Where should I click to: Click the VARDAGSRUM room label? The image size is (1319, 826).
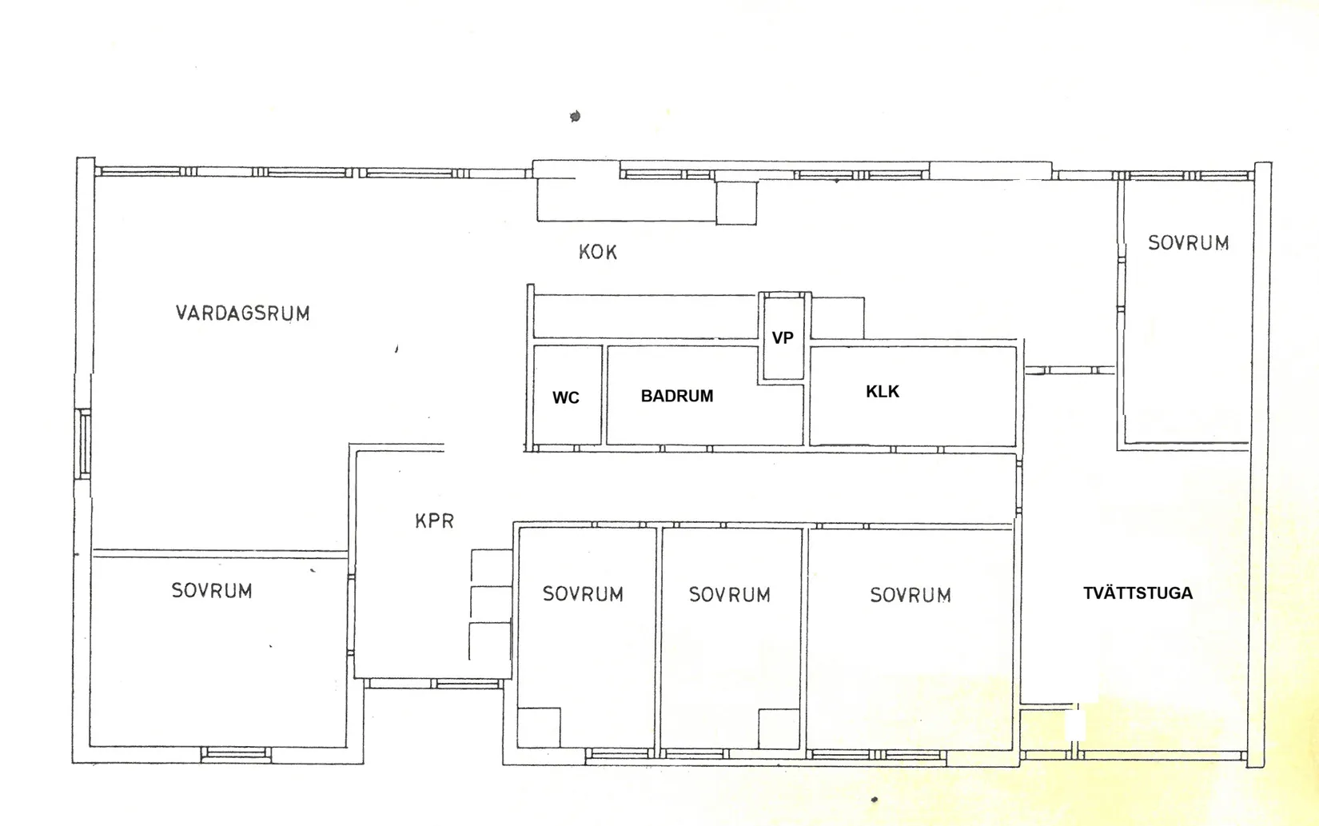point(242,313)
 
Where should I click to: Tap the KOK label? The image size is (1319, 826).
point(598,252)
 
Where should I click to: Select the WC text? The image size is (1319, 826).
point(566,397)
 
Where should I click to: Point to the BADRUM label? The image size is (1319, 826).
point(677,396)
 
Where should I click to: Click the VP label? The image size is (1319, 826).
point(783,337)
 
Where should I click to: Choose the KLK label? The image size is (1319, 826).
point(883,392)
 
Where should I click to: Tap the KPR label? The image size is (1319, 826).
point(435,521)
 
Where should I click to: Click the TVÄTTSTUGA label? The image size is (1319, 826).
point(1138,593)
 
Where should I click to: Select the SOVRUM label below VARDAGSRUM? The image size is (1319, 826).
point(212,590)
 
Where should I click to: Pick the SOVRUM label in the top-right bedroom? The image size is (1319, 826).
point(1188,243)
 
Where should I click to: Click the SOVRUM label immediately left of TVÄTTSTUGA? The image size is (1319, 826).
point(911,595)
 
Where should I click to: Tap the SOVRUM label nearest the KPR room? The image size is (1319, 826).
point(583,594)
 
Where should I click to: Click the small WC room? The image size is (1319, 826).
point(568,395)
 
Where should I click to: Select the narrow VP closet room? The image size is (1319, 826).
point(783,337)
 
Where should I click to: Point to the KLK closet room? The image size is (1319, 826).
point(913,396)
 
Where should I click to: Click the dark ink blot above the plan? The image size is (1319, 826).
point(576,116)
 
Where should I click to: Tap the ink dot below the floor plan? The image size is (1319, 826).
point(875,800)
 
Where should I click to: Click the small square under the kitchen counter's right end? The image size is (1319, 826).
point(736,202)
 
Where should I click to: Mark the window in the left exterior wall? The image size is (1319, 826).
point(85,444)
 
